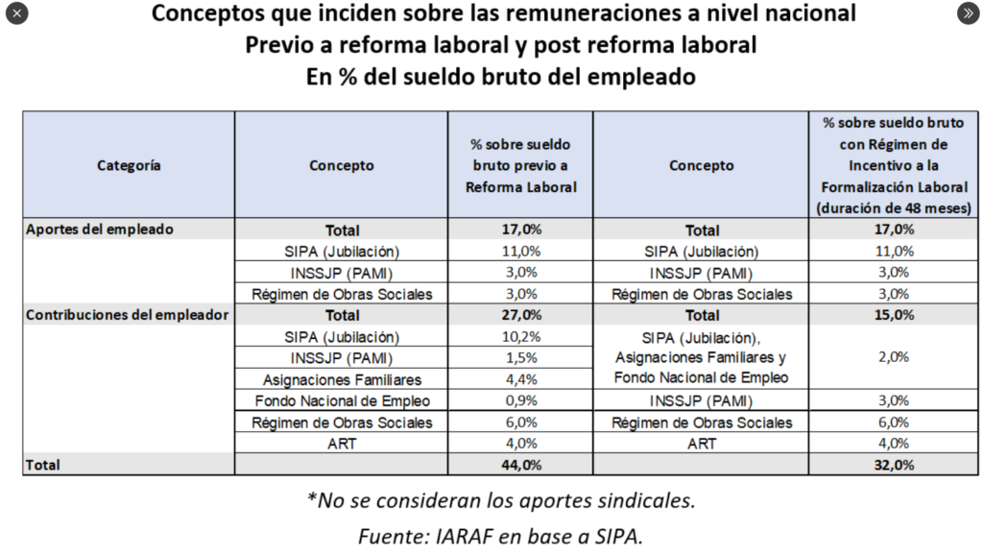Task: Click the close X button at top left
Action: pos(16,13)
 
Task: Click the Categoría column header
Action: pos(129,165)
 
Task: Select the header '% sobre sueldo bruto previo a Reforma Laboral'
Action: pos(520,165)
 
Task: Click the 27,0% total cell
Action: pos(520,315)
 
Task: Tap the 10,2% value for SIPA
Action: pos(520,337)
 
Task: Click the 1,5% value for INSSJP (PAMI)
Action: pos(520,358)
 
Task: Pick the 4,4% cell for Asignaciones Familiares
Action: pos(520,379)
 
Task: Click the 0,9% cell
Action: pos(520,400)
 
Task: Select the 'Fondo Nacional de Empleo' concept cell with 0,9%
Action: pos(342,400)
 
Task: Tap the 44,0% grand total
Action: pos(520,465)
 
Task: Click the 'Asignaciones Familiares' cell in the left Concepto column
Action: pos(342,379)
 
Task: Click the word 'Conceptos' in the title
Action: pos(211,14)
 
